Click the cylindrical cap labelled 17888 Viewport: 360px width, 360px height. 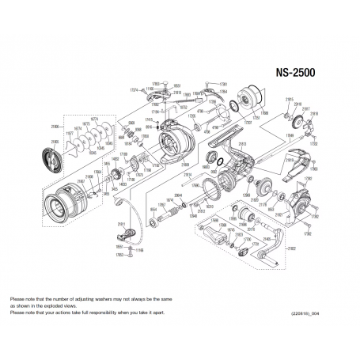(255, 99)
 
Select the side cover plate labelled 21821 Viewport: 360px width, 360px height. (304, 203)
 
